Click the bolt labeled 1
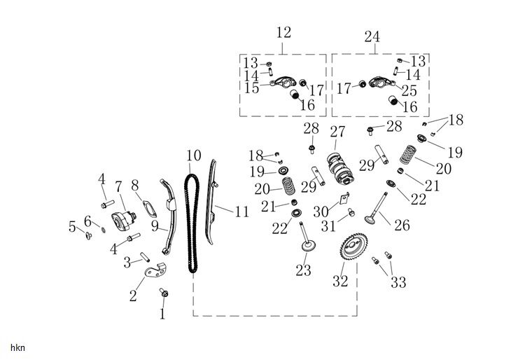tap(164, 293)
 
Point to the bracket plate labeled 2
tap(150, 268)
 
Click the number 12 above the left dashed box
tap(283, 33)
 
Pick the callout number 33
tap(398, 282)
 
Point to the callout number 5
tap(72, 226)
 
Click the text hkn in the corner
tap(17, 347)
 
